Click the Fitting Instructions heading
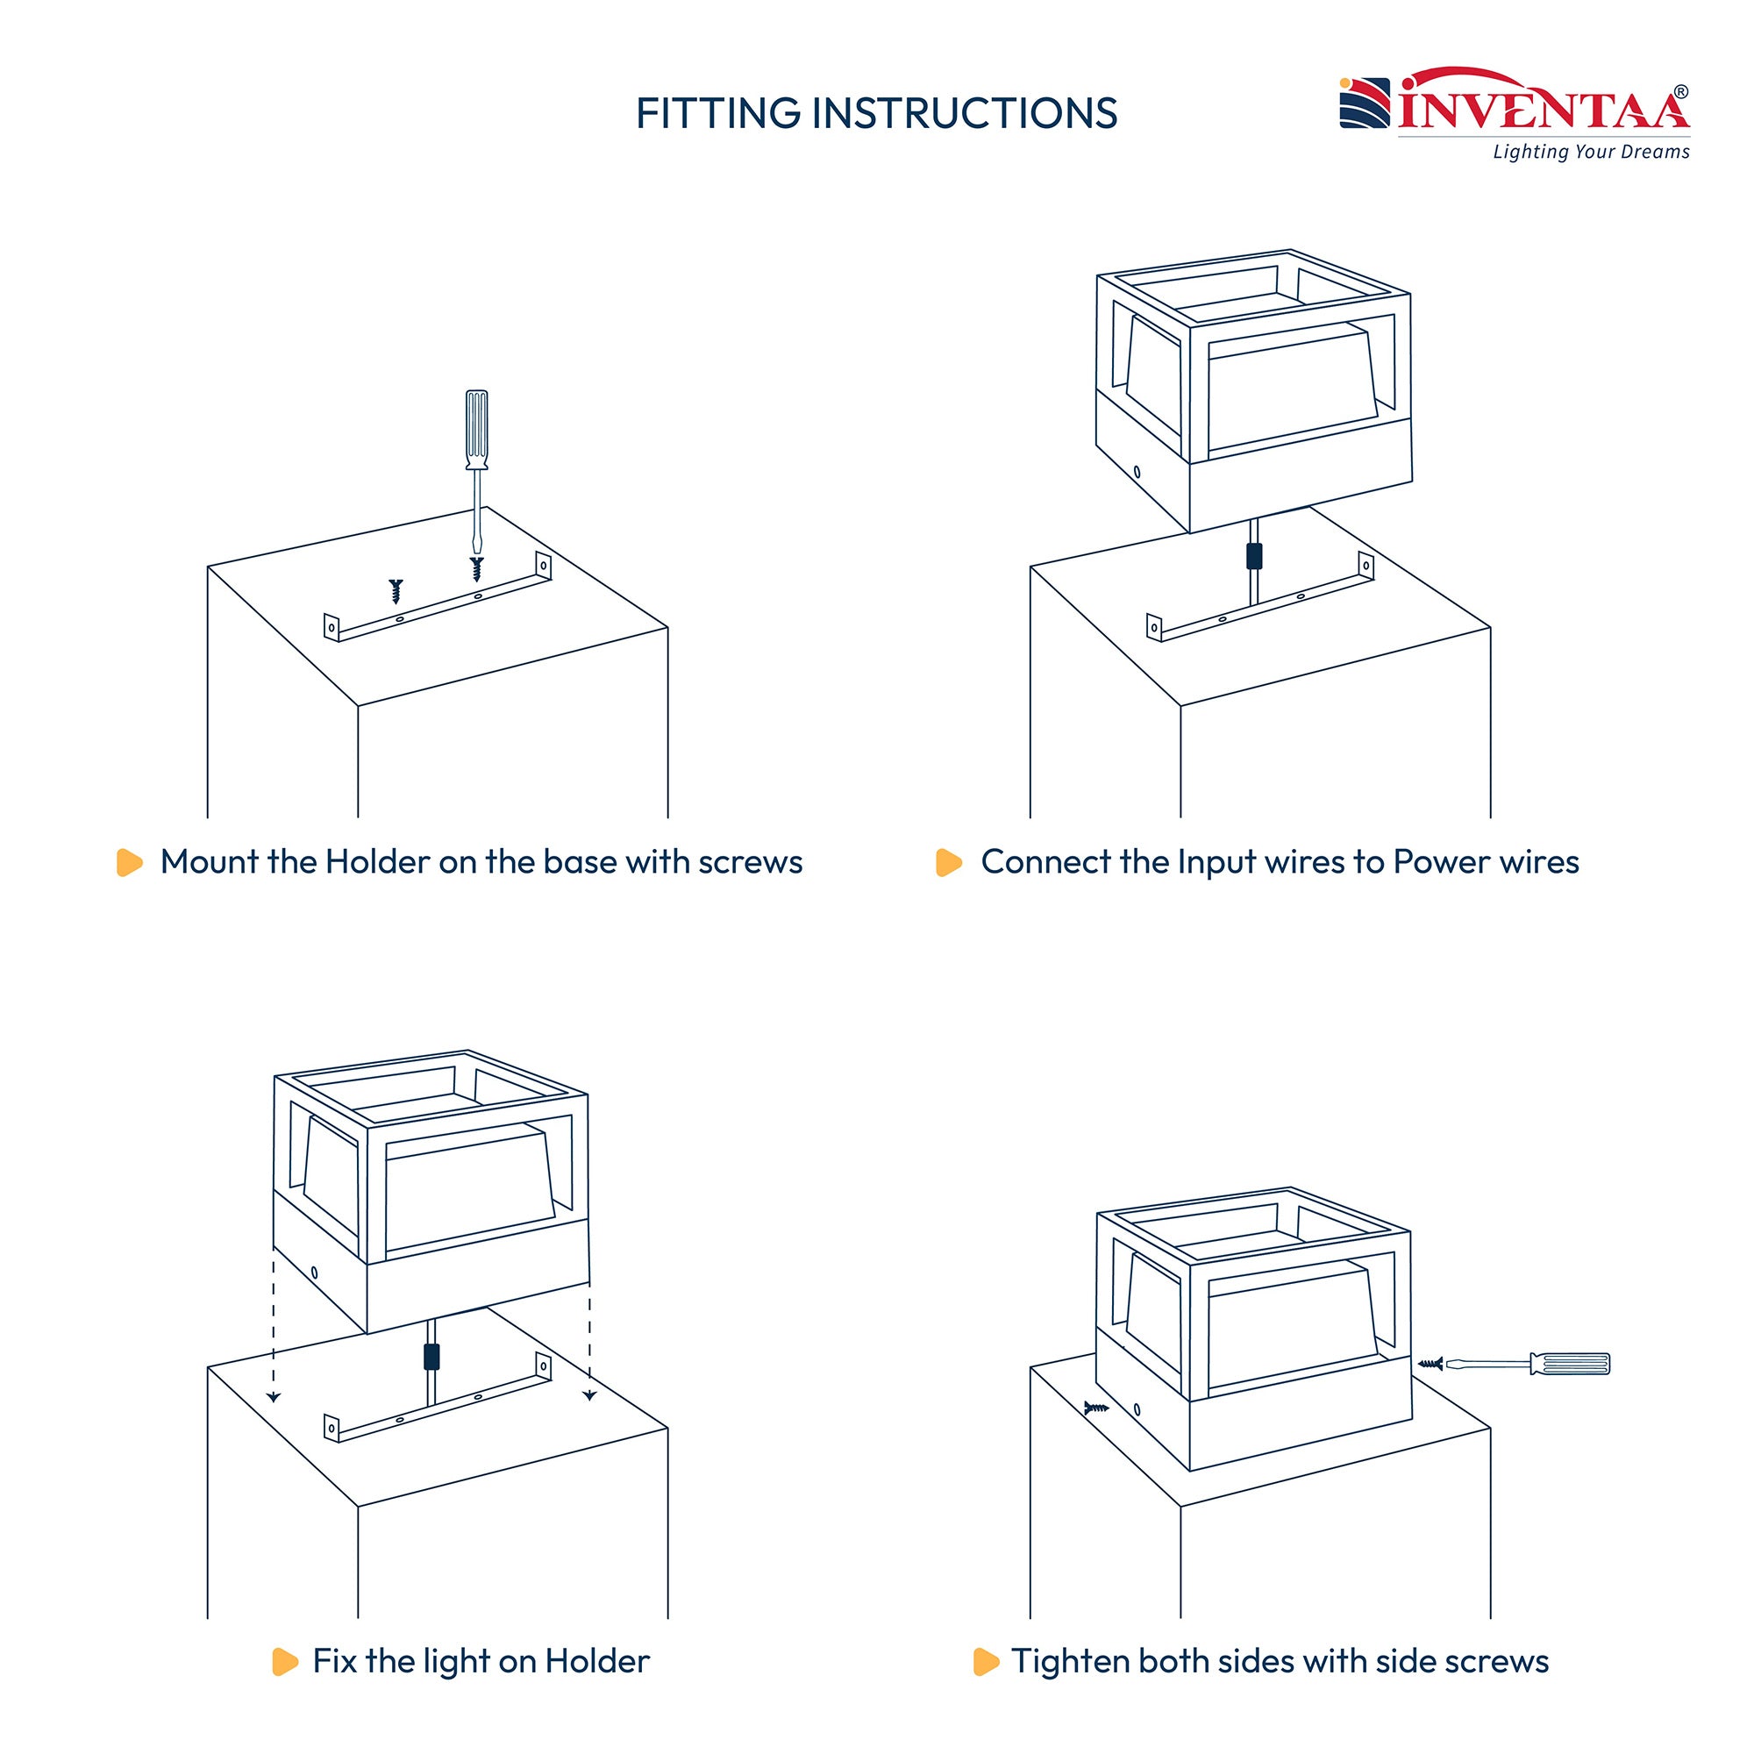point(876,113)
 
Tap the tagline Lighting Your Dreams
point(1592,152)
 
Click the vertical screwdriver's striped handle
point(476,430)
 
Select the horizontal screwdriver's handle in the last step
point(1570,1364)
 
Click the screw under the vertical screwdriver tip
point(476,569)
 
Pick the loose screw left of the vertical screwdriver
point(395,591)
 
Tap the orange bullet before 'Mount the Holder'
point(130,862)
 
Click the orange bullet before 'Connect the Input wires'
point(949,862)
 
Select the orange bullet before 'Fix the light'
point(285,1661)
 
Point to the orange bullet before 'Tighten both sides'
point(986,1661)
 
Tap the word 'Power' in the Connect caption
point(1435,862)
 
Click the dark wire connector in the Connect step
point(1254,556)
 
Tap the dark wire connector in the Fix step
point(431,1357)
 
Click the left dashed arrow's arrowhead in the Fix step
point(275,1397)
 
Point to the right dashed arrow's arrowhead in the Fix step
point(589,1396)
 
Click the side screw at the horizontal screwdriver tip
point(1430,1364)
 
